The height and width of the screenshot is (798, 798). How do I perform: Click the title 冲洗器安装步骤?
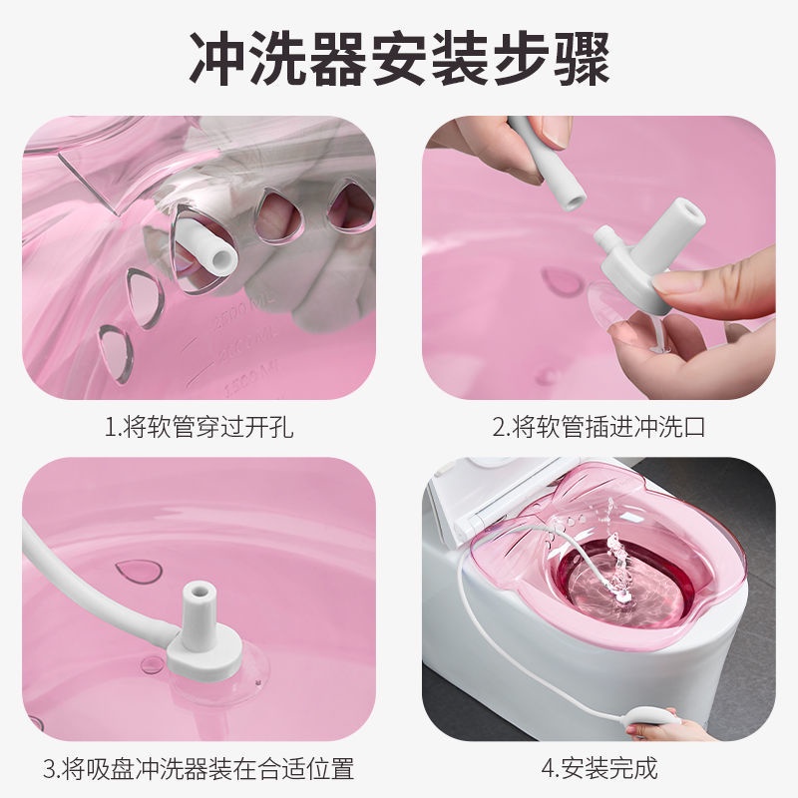pos(399,59)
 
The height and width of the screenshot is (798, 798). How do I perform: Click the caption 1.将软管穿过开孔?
pos(199,428)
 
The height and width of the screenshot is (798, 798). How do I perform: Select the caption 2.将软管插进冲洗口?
pos(598,428)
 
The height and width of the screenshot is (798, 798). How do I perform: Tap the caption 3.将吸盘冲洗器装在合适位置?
pos(199,768)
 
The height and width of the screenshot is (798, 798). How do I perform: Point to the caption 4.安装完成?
pos(598,768)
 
